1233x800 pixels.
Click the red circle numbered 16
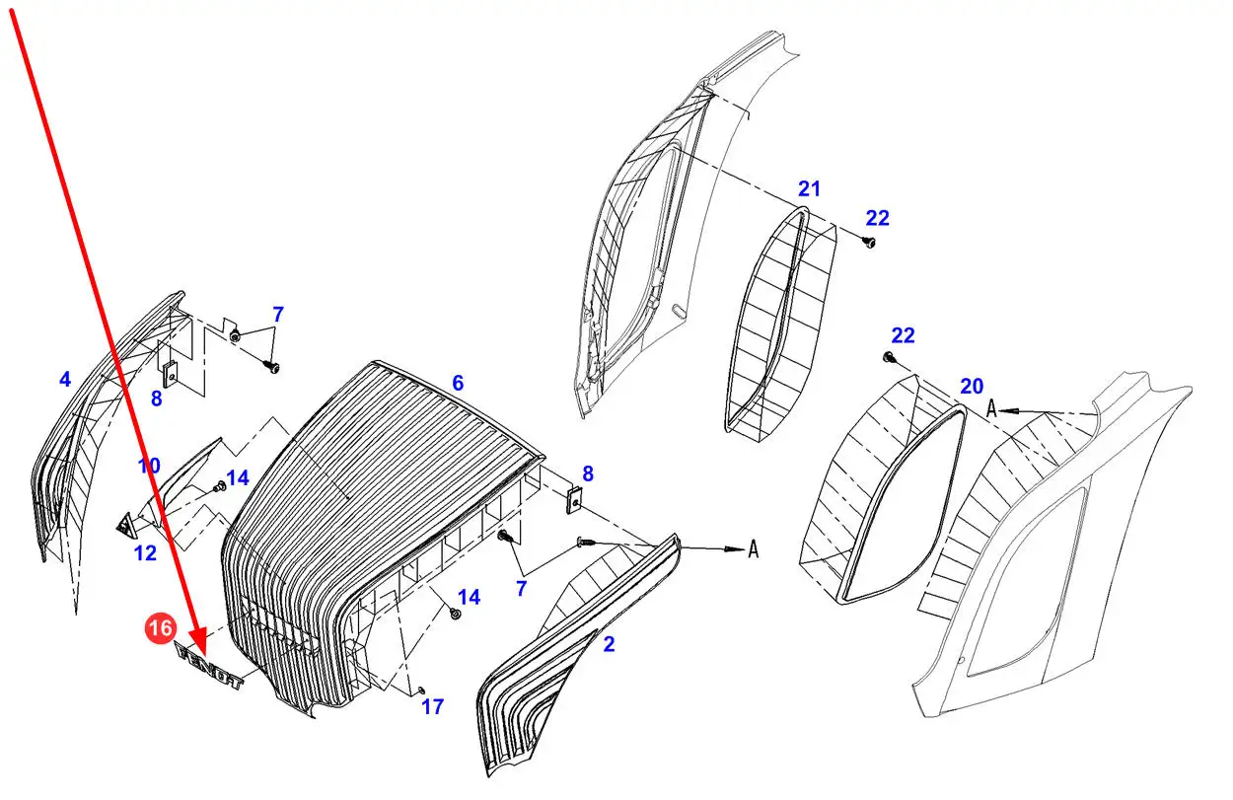click(162, 627)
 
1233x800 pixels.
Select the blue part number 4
click(65, 379)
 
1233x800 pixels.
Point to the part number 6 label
click(457, 383)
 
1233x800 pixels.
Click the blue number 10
click(148, 466)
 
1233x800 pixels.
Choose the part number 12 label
click(145, 553)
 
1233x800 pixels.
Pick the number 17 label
click(432, 706)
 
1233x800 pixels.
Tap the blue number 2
click(609, 644)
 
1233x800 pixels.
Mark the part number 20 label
click(972, 386)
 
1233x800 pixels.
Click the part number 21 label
click(809, 188)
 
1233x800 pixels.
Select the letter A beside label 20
click(991, 408)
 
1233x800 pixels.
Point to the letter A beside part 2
click(753, 549)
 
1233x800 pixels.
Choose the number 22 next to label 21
click(877, 218)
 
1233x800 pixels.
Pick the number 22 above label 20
click(903, 335)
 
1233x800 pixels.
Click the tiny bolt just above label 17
click(421, 689)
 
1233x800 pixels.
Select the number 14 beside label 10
click(237, 478)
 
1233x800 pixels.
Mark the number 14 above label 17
click(469, 597)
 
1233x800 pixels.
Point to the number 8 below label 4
click(156, 399)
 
